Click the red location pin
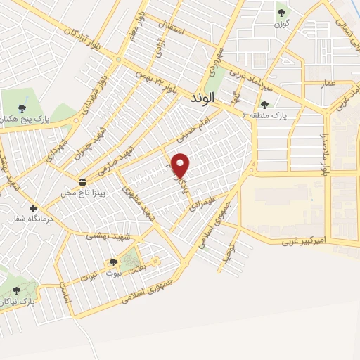pyautogui.click(x=181, y=165)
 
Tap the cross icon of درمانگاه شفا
pyautogui.click(x=33, y=209)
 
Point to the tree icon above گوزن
pyautogui.click(x=282, y=13)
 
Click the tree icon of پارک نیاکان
pyautogui.click(x=16, y=290)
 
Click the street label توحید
pyautogui.click(x=225, y=257)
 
